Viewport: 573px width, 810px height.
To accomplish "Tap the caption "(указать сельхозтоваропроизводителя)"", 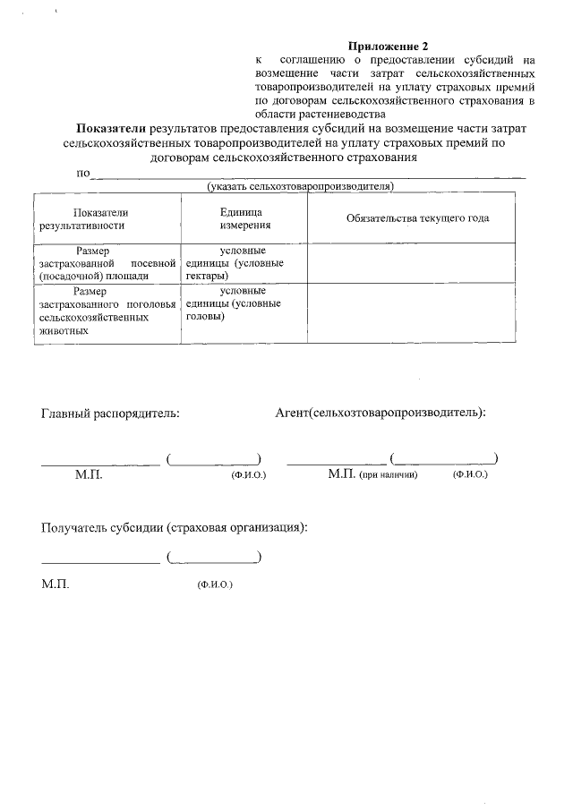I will [301, 186].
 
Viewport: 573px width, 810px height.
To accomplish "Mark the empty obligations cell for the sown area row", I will [412, 263].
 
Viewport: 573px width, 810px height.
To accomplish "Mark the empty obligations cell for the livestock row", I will [412, 311].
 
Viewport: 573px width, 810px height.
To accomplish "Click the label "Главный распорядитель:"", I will [110, 413].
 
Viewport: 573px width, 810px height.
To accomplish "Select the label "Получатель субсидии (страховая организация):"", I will [175, 527].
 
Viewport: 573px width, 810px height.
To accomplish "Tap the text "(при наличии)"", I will [389, 474].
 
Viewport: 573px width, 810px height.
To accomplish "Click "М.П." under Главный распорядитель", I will [89, 474].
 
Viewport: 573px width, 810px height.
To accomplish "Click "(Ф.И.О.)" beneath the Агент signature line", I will [470, 474].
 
